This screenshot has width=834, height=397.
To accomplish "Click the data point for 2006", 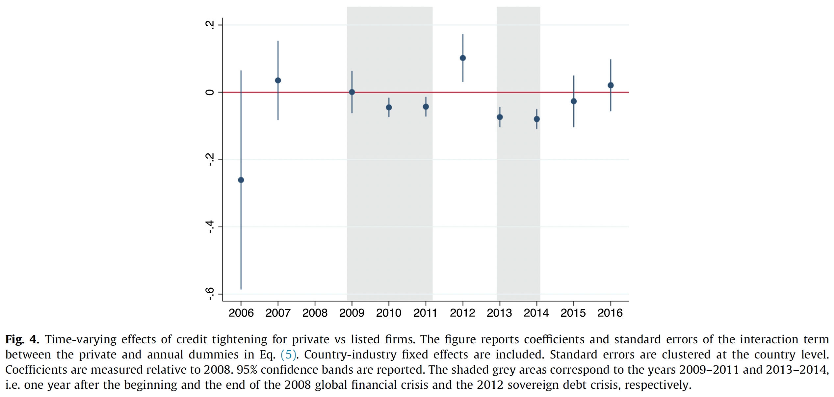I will coord(241,180).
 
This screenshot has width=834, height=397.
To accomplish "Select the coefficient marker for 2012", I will coord(463,58).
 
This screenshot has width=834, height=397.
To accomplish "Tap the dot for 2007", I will coord(278,80).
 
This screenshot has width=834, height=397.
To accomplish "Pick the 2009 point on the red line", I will coord(352,92).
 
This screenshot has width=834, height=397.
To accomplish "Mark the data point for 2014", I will coord(537,119).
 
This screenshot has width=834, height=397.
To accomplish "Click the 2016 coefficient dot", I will coord(611,85).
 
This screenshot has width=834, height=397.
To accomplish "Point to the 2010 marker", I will coord(389,107).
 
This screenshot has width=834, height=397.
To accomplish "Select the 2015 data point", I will coord(574,101).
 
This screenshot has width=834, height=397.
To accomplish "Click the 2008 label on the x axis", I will coord(315,313).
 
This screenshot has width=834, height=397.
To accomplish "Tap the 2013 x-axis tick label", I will coord(499,313).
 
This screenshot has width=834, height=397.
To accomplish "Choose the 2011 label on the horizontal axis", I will coord(425,313).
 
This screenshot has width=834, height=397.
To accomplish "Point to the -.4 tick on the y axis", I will coord(210,227).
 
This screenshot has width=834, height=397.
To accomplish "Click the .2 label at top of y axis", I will coord(210,25).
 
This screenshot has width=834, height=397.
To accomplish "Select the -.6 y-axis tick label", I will coord(210,294).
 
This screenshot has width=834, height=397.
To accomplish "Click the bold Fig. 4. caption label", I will coord(22,339).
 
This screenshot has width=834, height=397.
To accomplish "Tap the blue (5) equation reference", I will coord(288,355).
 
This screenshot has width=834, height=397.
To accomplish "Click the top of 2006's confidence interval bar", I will coord(241,71).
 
